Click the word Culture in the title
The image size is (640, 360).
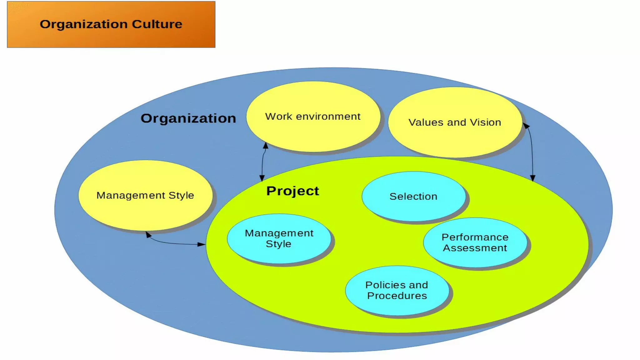157,24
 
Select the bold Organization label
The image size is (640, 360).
188,118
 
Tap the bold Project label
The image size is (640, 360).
292,191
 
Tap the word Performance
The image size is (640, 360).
475,237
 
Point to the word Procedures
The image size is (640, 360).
397,296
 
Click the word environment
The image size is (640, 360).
328,117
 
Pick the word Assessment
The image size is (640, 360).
475,248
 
